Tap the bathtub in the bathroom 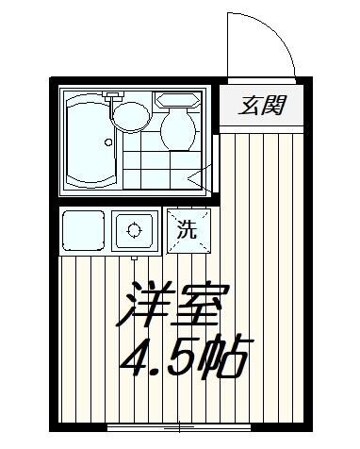point(90,141)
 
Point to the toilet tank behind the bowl point(176,99)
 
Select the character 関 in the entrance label point(273,105)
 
